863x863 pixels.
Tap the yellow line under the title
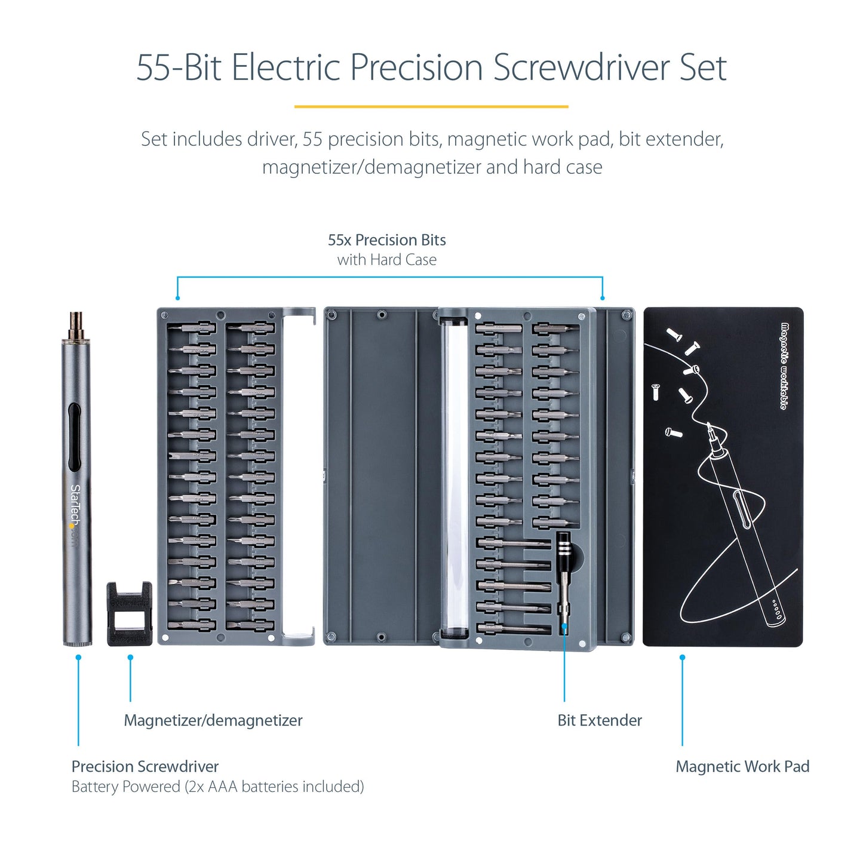click(431, 107)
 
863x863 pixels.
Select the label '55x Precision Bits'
click(386, 240)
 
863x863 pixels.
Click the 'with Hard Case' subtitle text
click(386, 260)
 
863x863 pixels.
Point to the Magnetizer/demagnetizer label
click(213, 720)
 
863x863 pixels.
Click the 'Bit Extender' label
click(599, 720)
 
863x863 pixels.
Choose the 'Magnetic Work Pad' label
click(742, 766)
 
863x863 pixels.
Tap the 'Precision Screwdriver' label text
click(145, 766)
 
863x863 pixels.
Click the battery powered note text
click(217, 787)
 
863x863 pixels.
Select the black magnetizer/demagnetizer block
click(129, 614)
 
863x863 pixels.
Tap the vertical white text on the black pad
click(784, 366)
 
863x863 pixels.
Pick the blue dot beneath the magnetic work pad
click(682, 658)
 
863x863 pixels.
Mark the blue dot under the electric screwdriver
click(78, 658)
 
